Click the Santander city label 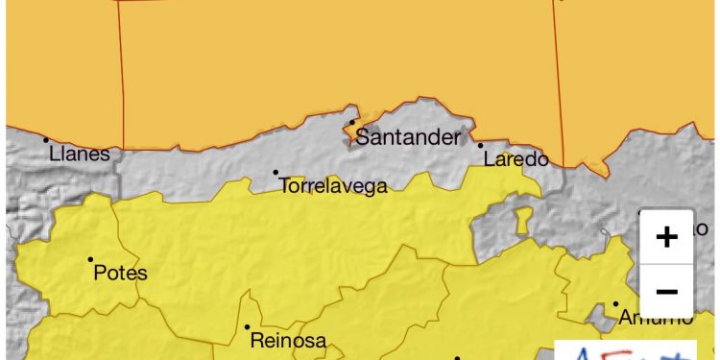(409, 137)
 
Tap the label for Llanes (79, 154)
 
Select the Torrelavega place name (333, 186)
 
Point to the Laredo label (516, 159)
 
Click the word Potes (121, 273)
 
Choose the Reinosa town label (288, 340)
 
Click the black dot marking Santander (352, 122)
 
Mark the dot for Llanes (46, 140)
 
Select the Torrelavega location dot (276, 173)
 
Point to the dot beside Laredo (480, 145)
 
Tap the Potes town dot (90, 259)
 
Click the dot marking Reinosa (247, 326)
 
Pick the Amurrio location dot (616, 304)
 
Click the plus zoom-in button (666, 237)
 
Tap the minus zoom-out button (666, 291)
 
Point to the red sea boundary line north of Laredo (558, 77)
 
